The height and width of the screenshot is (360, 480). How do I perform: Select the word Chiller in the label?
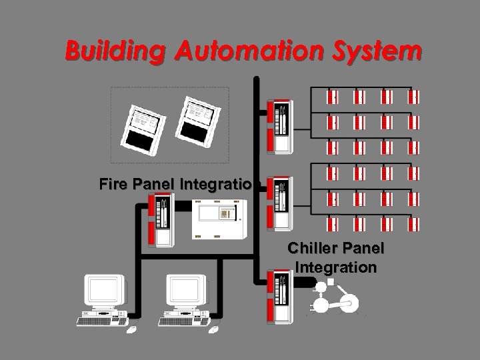(x=313, y=249)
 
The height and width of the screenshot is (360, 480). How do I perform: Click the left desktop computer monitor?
(x=106, y=291)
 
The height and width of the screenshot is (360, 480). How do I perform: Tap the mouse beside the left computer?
(x=133, y=329)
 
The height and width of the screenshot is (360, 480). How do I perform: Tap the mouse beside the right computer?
(x=213, y=329)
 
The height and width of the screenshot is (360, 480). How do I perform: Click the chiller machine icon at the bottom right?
(x=333, y=299)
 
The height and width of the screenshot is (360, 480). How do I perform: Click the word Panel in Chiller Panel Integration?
(x=362, y=249)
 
